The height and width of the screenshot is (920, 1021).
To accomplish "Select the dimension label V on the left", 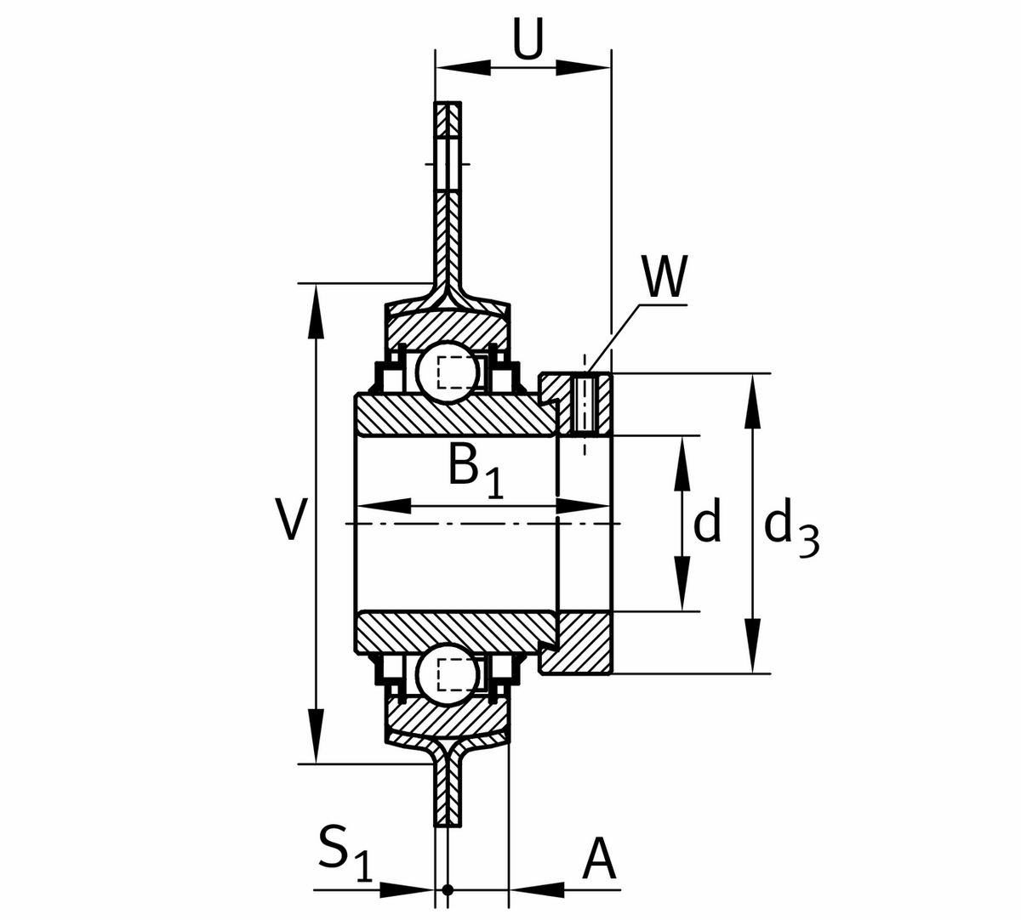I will coord(290,520).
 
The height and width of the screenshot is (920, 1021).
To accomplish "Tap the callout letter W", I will coord(663,278).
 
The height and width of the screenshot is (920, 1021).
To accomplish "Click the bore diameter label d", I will coord(707,522).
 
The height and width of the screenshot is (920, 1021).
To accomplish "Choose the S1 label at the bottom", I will coord(345,853).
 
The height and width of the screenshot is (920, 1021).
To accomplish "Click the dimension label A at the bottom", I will coord(599,860).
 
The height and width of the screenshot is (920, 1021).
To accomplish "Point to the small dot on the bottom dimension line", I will coord(448,891).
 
